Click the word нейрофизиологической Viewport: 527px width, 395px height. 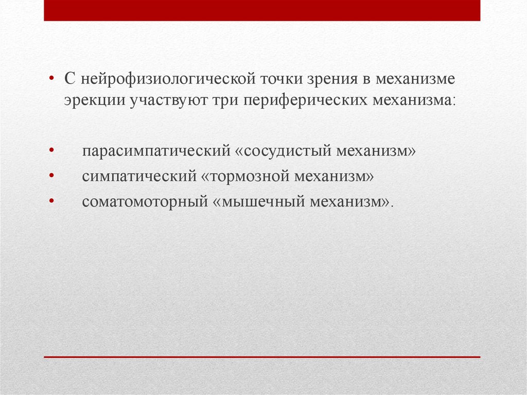[168, 80]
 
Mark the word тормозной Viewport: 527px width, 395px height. [245, 176]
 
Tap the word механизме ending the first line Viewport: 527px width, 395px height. [415, 79]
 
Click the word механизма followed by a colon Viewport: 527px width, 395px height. [413, 100]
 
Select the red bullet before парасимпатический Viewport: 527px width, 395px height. [51, 150]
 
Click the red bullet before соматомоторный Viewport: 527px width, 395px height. [51, 201]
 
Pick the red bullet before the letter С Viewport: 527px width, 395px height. [51, 78]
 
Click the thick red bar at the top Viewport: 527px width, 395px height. [262, 10]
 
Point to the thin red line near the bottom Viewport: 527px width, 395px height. [262, 357]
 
